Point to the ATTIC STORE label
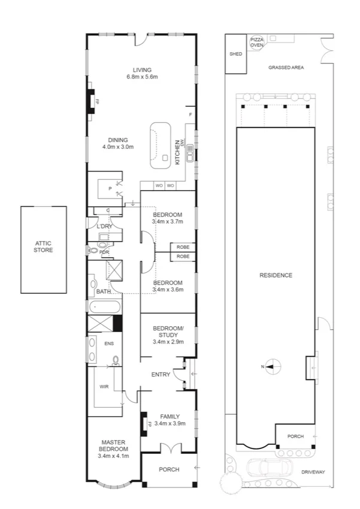coord(43,246)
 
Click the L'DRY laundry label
coord(105,226)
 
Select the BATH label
coord(103,292)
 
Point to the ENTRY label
coord(161,375)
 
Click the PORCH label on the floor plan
coord(170,469)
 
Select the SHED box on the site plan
coord(235,54)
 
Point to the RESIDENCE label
coord(276,276)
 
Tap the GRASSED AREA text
coord(286,68)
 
